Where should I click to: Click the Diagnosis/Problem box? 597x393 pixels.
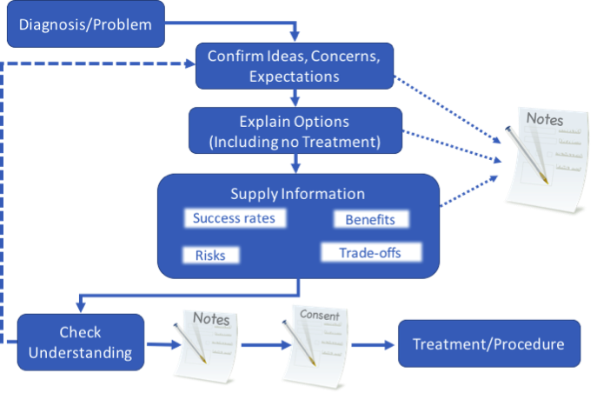[85, 25]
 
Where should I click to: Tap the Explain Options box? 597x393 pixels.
[295, 130]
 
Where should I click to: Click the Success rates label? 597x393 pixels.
[234, 218]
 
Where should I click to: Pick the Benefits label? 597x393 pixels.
[370, 220]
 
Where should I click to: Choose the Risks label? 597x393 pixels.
[210, 256]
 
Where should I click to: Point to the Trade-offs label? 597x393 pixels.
[371, 253]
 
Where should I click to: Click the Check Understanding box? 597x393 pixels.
[80, 343]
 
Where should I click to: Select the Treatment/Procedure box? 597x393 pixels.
[488, 344]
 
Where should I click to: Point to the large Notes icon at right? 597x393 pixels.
[545, 161]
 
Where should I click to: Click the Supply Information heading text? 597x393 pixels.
[297, 193]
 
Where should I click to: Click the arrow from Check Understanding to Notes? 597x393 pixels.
[159, 345]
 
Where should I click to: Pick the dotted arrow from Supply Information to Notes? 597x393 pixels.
[469, 191]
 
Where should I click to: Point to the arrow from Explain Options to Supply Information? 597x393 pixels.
[296, 162]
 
